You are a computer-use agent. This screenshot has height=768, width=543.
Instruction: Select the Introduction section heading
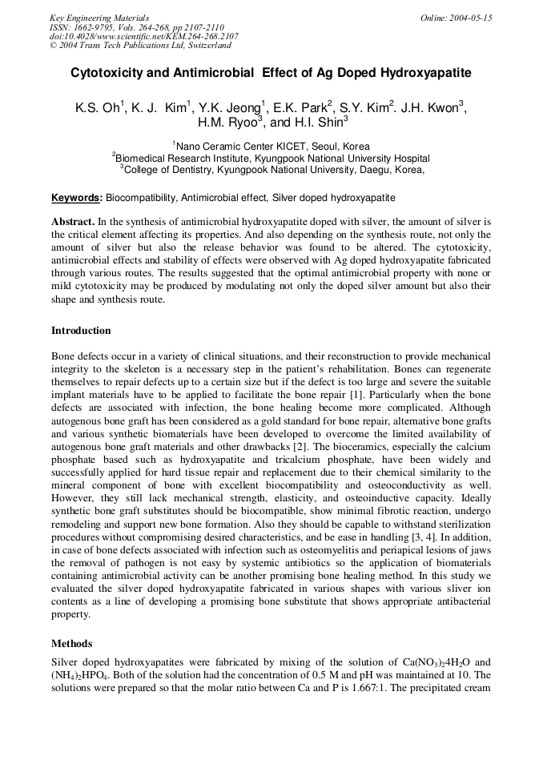click(x=81, y=331)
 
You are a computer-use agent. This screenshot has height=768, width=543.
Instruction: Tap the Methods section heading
click(x=71, y=643)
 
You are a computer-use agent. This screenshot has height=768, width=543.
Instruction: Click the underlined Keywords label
click(x=76, y=197)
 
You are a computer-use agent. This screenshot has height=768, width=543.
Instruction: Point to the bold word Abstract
click(x=73, y=220)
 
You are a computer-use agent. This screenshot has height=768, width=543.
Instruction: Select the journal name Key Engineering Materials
click(x=99, y=18)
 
